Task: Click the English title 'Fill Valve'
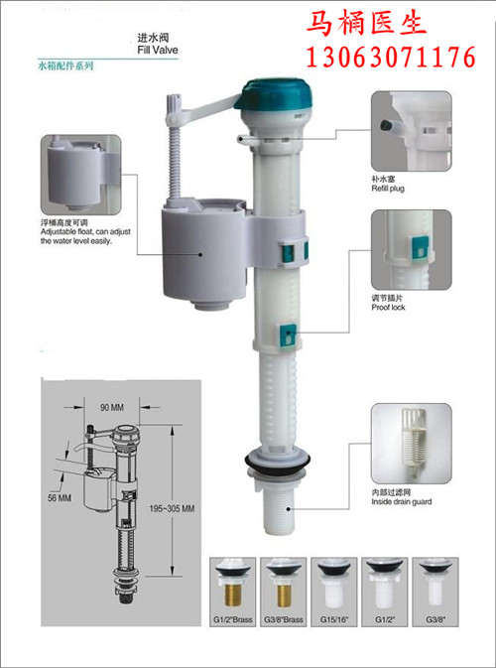click(158, 50)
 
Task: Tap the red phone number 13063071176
click(391, 58)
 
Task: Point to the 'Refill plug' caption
click(388, 188)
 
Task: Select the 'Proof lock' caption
click(388, 307)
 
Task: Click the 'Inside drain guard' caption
click(401, 501)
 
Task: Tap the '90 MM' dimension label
click(111, 408)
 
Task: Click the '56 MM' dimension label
click(60, 497)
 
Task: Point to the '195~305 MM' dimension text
click(172, 508)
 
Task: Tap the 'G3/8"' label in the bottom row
click(434, 619)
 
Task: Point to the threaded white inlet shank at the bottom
click(278, 510)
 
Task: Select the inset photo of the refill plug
click(412, 131)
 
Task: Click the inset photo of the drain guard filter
click(412, 444)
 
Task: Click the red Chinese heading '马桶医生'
click(366, 24)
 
